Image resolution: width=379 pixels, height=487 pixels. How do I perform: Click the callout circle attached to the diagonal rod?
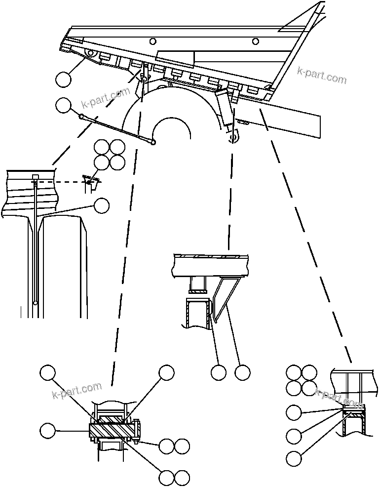(x=63, y=105)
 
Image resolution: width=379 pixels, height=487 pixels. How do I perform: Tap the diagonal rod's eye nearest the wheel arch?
(x=153, y=143)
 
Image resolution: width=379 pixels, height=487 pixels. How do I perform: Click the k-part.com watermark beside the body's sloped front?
(x=322, y=76)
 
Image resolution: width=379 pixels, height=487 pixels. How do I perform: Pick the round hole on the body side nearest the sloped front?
(x=255, y=41)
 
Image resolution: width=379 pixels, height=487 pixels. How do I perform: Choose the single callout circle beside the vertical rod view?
(x=102, y=206)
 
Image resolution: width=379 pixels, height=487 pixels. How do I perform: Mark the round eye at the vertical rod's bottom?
(x=36, y=302)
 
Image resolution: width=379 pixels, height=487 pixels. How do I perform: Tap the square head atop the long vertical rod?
(x=36, y=177)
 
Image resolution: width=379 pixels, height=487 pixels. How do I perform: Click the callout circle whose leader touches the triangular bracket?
(x=242, y=372)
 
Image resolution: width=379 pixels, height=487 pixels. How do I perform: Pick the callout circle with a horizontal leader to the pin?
(x=48, y=430)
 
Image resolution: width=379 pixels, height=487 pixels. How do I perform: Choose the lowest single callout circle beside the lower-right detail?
(x=294, y=458)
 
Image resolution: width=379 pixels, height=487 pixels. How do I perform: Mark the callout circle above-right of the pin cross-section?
(x=166, y=372)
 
